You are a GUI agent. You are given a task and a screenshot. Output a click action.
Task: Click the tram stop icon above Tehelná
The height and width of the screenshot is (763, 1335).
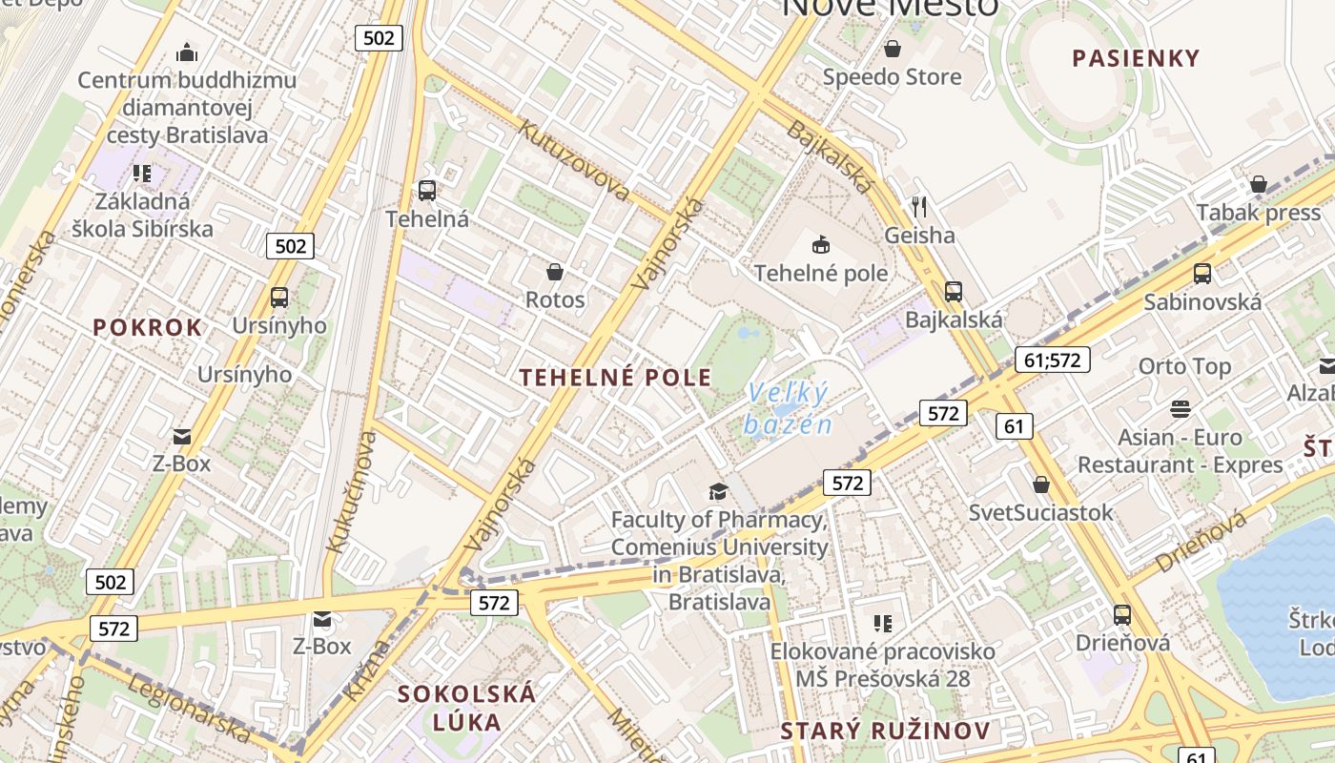pyautogui.click(x=426, y=190)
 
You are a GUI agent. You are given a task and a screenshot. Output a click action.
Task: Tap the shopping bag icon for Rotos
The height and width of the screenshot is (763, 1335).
pyautogui.click(x=555, y=272)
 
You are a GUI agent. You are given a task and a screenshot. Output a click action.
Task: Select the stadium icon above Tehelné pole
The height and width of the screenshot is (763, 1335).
pyautogui.click(x=820, y=245)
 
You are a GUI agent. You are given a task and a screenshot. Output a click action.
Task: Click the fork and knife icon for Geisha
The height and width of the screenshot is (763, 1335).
pyautogui.click(x=919, y=206)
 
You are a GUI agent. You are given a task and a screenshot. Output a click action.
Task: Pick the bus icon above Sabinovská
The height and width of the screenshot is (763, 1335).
pyautogui.click(x=1202, y=274)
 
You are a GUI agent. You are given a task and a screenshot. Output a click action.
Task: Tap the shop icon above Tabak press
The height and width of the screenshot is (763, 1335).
pyautogui.click(x=1258, y=184)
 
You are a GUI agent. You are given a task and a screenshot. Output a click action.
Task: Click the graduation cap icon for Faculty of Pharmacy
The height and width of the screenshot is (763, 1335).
pyautogui.click(x=717, y=491)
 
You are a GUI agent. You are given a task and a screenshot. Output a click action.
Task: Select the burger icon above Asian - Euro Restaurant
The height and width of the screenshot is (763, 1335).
pyautogui.click(x=1181, y=409)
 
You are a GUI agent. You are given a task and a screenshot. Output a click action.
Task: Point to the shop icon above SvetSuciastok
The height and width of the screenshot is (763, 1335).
pyautogui.click(x=1040, y=485)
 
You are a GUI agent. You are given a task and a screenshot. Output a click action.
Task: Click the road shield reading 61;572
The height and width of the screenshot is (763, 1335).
pyautogui.click(x=1052, y=360)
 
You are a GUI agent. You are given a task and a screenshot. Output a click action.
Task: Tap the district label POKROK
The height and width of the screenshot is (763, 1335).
pyautogui.click(x=148, y=327)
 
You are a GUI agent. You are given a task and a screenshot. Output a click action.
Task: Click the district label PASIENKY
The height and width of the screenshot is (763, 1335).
pyautogui.click(x=1136, y=58)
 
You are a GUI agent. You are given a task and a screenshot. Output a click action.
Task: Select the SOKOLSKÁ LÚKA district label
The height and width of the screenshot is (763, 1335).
pyautogui.click(x=467, y=707)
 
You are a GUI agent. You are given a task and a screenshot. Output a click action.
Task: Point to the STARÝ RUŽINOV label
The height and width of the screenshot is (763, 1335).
pyautogui.click(x=885, y=732)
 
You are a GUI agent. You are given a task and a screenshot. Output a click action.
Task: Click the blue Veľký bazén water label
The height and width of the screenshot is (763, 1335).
pyautogui.click(x=789, y=408)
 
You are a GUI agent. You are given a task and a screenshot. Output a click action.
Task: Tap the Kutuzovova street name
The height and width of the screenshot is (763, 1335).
pyautogui.click(x=573, y=159)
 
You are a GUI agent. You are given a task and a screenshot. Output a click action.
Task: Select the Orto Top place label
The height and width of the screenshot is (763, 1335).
pyautogui.click(x=1184, y=366)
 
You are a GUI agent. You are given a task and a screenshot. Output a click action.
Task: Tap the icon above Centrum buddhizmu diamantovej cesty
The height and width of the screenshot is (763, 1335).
pyautogui.click(x=187, y=52)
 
